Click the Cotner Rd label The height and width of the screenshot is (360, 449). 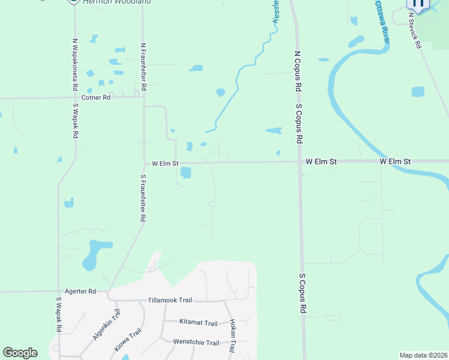click(x=96, y=97)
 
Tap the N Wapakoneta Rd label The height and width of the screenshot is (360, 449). click(x=75, y=64)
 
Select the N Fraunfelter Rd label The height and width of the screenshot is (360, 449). click(x=143, y=66)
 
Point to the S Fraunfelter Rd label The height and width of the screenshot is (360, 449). click(x=143, y=199)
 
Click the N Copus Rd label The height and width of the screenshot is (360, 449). click(x=297, y=71)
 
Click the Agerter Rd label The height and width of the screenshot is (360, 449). click(x=83, y=291)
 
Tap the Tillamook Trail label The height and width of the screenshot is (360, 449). click(x=170, y=300)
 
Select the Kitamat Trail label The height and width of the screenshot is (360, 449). click(x=198, y=323)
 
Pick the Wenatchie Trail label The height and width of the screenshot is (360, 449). click(x=196, y=343)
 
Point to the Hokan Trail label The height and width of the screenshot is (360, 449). click(x=232, y=335)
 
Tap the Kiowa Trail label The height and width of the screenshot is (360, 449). click(x=127, y=340)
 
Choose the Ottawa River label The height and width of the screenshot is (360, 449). click(x=382, y=22)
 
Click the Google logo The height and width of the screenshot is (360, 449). click(x=20, y=353)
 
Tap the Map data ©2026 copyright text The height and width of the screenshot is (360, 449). click(x=423, y=355)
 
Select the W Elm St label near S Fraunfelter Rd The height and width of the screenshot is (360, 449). click(x=165, y=163)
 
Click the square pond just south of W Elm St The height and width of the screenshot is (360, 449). click(x=185, y=173)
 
